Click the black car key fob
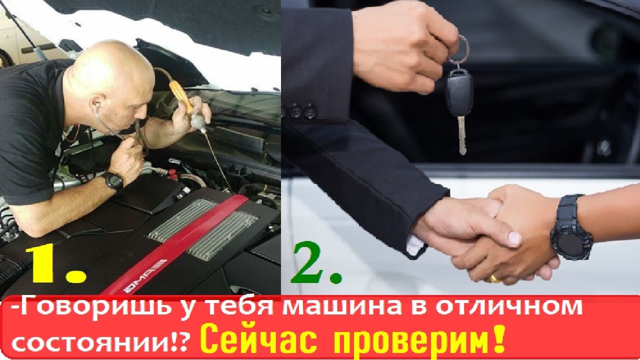[459, 93]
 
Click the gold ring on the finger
[494, 277]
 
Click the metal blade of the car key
[461, 135]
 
